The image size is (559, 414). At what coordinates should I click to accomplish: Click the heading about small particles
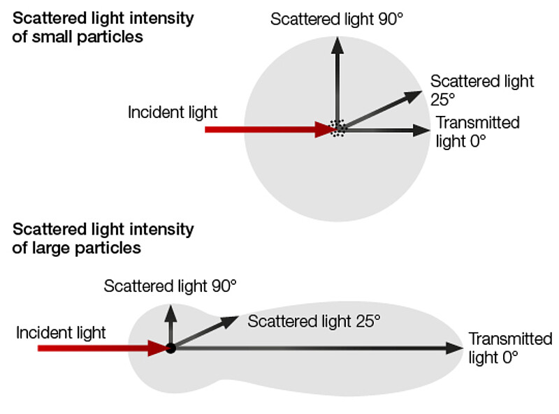(x=103, y=27)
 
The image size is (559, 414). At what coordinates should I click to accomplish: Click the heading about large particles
(x=103, y=238)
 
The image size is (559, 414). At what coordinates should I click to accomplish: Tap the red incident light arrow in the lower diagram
(x=98, y=347)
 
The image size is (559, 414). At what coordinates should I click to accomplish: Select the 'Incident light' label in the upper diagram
(x=173, y=112)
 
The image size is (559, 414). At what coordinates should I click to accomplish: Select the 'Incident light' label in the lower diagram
(x=61, y=332)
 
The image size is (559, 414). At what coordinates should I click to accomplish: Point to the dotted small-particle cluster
(x=338, y=128)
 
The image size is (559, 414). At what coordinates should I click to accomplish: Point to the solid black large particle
(x=170, y=347)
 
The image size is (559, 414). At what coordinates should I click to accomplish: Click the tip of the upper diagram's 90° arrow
(x=337, y=43)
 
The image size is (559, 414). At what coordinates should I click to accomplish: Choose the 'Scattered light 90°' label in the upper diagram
(x=337, y=18)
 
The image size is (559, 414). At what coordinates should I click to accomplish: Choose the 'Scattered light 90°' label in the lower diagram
(x=170, y=286)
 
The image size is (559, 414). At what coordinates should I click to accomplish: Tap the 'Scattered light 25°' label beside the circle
(x=481, y=89)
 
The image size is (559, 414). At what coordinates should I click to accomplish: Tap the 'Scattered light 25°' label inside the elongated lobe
(x=314, y=321)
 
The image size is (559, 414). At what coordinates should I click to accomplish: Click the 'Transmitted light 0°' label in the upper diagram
(x=477, y=131)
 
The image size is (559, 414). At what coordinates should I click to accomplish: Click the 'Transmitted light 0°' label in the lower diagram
(x=509, y=348)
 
